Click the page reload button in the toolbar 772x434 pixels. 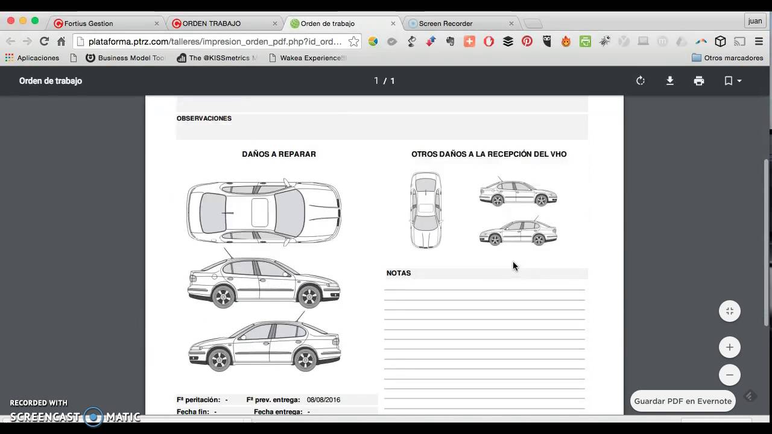pos(44,42)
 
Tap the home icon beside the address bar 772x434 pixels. pos(61,42)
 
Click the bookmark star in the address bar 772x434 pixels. pos(354,42)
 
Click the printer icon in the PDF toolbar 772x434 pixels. pos(699,81)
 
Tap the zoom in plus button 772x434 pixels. pos(730,347)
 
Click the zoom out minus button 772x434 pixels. pos(730,375)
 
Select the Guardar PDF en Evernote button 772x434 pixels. pos(683,401)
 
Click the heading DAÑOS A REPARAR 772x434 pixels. pos(279,154)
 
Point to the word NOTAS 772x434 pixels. pos(399,273)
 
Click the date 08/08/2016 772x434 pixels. pos(323,400)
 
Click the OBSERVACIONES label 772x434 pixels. pos(204,119)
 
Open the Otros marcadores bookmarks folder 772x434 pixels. pos(727,58)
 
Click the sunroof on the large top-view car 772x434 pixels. pos(260,212)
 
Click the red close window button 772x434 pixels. pos(11,20)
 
